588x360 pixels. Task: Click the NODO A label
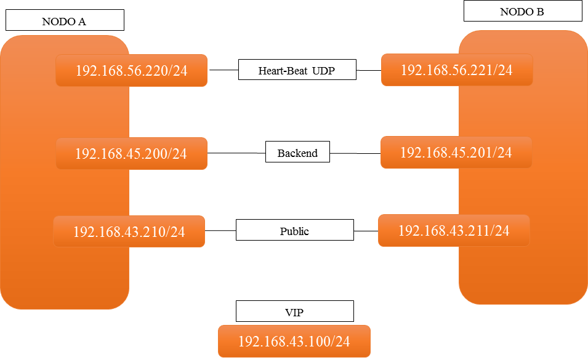64,22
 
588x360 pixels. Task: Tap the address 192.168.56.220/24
131,71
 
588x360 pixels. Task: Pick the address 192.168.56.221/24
456,70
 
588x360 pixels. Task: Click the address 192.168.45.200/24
131,153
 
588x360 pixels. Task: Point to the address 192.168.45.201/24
456,152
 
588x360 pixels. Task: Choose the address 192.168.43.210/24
129,232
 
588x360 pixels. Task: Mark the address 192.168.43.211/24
454,231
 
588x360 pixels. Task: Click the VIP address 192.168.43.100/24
294,342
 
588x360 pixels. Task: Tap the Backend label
297,153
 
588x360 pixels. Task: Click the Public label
294,231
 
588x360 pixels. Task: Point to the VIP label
294,312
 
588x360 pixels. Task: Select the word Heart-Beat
283,71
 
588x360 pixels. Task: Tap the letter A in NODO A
82,22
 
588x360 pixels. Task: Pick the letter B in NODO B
540,11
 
